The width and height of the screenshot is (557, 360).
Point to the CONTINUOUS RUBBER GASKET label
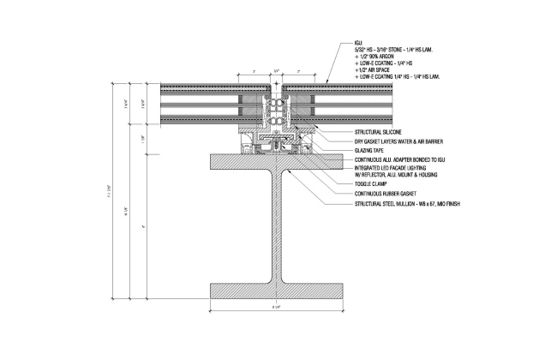pyautogui.click(x=380, y=193)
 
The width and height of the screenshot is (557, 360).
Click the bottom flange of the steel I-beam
pyautogui.click(x=278, y=292)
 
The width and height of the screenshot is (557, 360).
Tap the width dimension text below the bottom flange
pyautogui.click(x=278, y=309)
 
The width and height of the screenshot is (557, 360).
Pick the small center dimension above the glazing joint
pyautogui.click(x=277, y=71)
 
